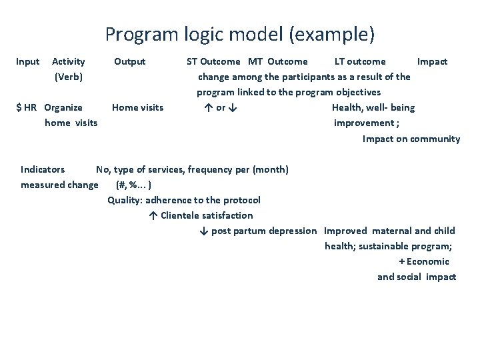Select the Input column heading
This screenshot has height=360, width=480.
click(27, 61)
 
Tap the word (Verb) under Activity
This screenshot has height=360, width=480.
click(68, 77)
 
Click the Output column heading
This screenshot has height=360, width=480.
click(129, 61)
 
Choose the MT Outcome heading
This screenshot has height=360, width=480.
click(278, 61)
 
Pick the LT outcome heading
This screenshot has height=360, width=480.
click(360, 61)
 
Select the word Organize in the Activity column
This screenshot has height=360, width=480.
click(63, 107)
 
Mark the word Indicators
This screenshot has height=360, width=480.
click(43, 169)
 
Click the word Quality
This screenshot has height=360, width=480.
click(124, 200)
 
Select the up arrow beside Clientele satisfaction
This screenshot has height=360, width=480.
click(153, 215)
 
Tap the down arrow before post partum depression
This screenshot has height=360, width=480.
click(204, 231)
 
